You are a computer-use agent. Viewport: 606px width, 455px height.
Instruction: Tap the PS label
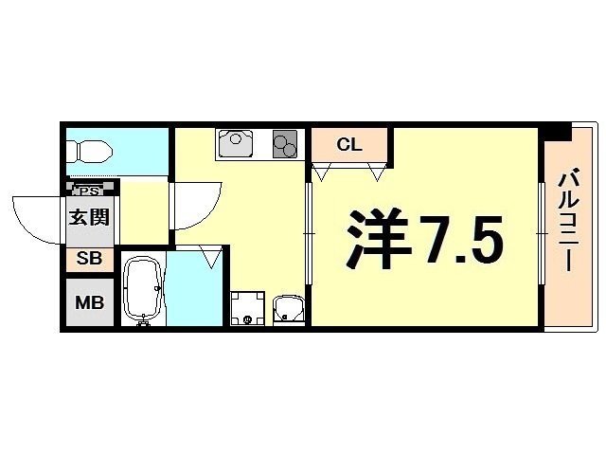pos(87,190)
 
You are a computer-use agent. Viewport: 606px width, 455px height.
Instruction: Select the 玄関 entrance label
pos(89,216)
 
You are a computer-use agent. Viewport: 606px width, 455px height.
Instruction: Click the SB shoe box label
pos(88,258)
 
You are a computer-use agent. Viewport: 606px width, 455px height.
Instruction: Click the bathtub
pos(144,290)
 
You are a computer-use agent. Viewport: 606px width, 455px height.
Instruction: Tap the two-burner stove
pos(285,144)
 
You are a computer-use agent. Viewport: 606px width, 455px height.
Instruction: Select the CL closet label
pos(349,145)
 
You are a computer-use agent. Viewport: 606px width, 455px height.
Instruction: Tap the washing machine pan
pos(247,307)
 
